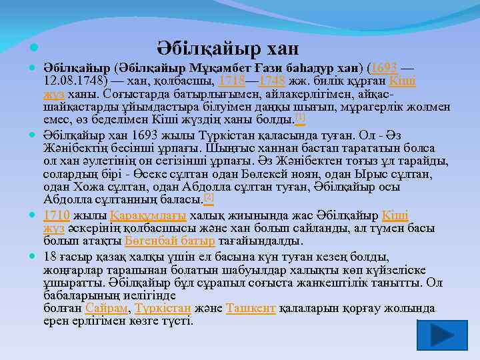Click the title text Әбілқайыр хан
coord(228,49)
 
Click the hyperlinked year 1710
coord(56,215)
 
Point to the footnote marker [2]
coord(209,197)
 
